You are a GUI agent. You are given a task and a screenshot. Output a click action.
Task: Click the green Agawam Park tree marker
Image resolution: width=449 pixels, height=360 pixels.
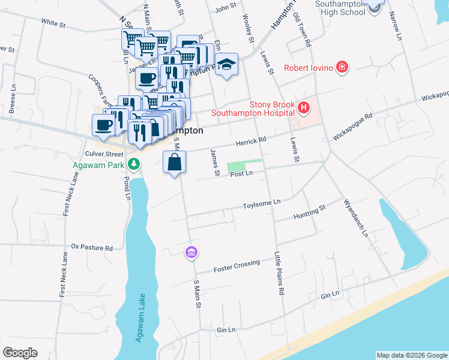(136, 163)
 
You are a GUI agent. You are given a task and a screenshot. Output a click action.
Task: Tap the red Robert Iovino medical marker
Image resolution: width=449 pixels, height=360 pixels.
(342, 67)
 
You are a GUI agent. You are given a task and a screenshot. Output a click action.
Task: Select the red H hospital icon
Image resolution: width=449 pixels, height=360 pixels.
(304, 108)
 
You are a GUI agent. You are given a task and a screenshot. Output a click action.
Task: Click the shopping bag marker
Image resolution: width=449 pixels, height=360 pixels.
(174, 163)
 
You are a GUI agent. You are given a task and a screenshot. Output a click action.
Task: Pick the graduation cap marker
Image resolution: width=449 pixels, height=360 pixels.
(227, 64)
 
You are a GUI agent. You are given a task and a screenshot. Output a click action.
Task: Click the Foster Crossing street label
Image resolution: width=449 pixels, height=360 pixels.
(237, 265)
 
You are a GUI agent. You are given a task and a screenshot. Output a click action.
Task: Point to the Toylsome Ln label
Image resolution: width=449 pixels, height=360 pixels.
(262, 204)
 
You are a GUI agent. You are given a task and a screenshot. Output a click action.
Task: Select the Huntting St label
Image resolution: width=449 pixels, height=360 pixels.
(309, 212)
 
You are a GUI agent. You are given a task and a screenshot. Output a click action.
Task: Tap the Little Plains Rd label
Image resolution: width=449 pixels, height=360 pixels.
(279, 273)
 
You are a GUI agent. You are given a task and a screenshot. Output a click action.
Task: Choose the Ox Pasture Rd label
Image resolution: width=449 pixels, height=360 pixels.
(92, 247)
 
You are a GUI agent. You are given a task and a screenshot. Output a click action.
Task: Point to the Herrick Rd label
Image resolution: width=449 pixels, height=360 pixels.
(250, 141)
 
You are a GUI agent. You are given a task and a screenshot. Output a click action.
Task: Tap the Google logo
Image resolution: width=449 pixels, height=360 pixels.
(20, 353)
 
